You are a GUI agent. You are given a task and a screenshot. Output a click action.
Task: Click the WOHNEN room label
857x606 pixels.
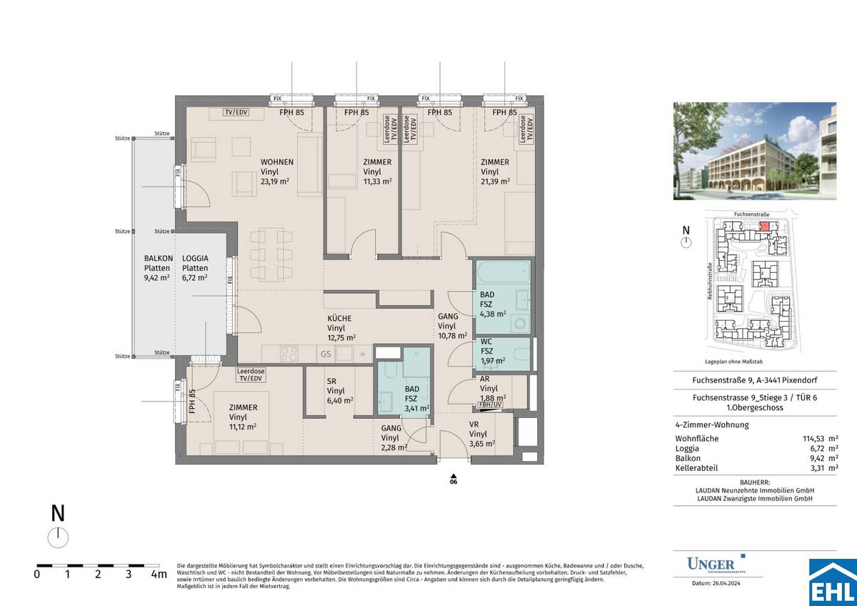point(276,162)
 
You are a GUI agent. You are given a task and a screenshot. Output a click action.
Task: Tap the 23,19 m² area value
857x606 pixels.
point(276,182)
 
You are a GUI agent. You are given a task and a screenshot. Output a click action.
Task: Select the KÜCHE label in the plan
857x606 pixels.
point(339,319)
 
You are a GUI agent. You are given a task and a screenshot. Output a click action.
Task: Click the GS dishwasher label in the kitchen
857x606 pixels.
point(325,354)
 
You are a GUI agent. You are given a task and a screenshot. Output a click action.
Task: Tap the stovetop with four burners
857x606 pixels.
point(288,354)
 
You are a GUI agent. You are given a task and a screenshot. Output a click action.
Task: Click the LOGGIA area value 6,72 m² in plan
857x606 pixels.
point(194,277)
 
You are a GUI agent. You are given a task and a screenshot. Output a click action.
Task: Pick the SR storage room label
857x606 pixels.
point(331,382)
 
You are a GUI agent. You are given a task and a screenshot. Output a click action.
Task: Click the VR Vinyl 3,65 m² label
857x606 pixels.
point(478,434)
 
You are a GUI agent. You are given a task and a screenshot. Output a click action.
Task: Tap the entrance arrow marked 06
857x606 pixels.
point(453,478)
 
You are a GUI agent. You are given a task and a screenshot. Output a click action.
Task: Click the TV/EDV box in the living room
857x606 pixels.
point(236,113)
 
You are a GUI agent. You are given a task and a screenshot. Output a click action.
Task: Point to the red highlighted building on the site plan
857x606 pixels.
point(764,226)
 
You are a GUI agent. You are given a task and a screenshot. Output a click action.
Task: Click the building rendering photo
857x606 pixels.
point(754,151)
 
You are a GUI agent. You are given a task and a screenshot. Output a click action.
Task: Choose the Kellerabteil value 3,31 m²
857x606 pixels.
point(821,468)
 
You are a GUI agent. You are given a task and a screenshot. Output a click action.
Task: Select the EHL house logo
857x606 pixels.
point(832,582)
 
